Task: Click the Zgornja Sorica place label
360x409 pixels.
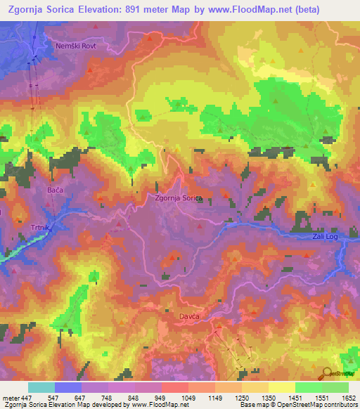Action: tap(179, 199)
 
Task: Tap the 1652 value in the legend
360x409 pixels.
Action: tap(349, 398)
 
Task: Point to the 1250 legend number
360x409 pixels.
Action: tap(242, 398)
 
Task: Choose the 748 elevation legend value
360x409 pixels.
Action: tap(108, 398)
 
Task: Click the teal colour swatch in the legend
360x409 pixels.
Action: tap(41, 387)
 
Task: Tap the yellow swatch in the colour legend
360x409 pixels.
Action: tap(281, 387)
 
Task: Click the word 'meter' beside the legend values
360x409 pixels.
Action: tap(11, 398)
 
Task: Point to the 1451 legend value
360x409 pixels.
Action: tap(295, 398)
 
